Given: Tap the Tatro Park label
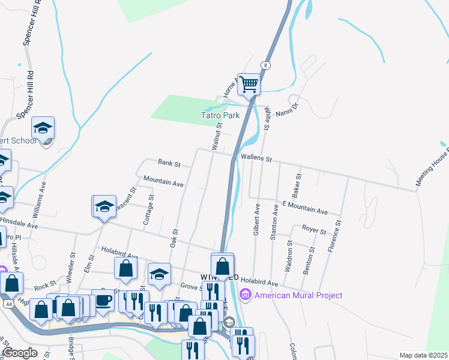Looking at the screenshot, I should tap(220, 115).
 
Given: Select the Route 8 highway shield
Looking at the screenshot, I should tap(265, 65).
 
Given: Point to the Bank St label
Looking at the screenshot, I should tap(165, 162).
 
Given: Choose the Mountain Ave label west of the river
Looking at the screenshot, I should tap(163, 182).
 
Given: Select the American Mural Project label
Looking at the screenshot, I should tap(298, 295).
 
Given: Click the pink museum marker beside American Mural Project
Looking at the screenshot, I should tap(245, 295).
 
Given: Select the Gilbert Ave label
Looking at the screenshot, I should tap(257, 218).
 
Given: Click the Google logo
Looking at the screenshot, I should tap(20, 353).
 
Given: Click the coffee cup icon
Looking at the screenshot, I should tap(103, 299).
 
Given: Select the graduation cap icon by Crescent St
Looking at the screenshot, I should tap(104, 206).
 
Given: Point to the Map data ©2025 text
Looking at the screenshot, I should tap(423, 355).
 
